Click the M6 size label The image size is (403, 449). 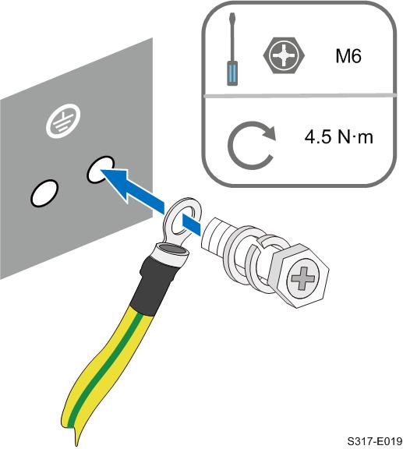coord(348,56)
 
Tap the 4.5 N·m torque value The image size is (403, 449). coord(339,137)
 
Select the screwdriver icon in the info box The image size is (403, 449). coord(232,49)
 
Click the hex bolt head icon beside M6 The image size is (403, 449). coord(284,55)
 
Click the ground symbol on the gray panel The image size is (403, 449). coord(63,121)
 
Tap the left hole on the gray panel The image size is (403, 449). coord(44,193)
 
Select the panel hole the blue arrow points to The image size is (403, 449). coord(101,169)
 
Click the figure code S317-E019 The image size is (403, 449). coord(375,441)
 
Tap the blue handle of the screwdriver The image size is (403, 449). coord(232,73)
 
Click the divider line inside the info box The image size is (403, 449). coord(299,95)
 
